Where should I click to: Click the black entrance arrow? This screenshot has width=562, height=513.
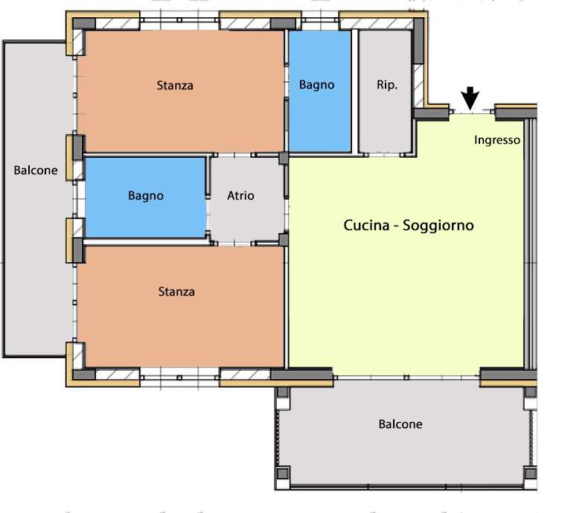[x=470, y=98]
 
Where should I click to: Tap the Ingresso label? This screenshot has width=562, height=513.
[x=497, y=140]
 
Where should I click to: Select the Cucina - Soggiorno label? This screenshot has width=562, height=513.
[x=409, y=226]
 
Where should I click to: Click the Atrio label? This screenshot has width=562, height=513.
[x=241, y=196]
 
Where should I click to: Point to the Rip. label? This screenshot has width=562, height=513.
[x=387, y=85]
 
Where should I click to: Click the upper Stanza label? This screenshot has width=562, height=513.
[x=175, y=86]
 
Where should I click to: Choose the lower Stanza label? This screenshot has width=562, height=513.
[x=176, y=292]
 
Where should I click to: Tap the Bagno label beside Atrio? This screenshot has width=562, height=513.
[x=146, y=196]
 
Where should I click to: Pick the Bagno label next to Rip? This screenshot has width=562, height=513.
[x=317, y=85]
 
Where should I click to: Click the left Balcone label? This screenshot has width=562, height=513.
[x=36, y=171]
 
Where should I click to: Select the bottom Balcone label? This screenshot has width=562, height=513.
[x=400, y=424]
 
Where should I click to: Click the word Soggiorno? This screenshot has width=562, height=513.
[x=438, y=226]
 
